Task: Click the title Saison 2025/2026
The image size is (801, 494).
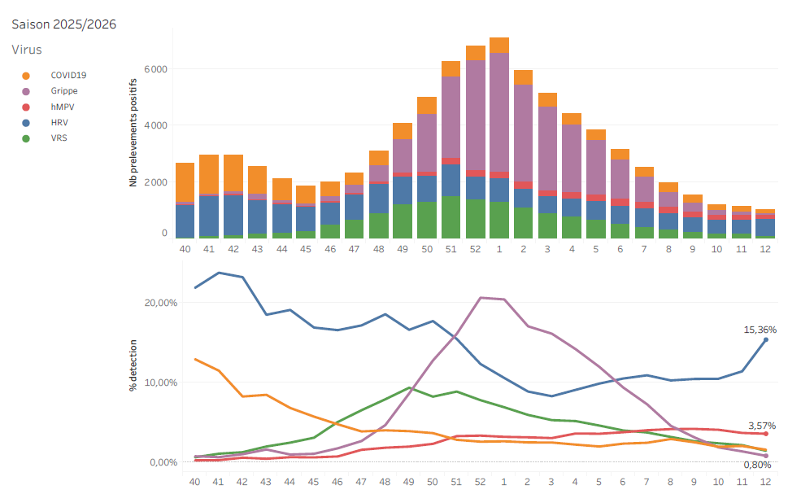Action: (x=63, y=24)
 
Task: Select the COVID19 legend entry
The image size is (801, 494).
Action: (x=68, y=75)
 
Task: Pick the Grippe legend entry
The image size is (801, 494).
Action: (x=64, y=90)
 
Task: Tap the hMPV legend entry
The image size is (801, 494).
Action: (x=63, y=107)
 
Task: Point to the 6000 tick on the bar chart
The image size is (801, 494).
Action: (x=155, y=69)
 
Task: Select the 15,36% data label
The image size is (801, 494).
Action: (x=760, y=330)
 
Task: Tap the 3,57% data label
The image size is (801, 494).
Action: (x=762, y=426)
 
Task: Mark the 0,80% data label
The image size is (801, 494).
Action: (x=757, y=465)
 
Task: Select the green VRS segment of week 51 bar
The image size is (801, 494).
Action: (x=451, y=216)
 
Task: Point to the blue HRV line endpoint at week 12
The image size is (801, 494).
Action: (x=765, y=339)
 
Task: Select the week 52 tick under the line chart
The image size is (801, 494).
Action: (x=480, y=482)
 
